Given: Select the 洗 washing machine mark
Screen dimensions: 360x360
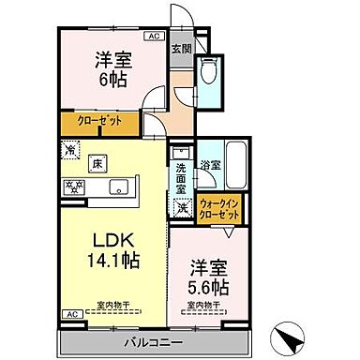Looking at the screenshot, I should point(182,208).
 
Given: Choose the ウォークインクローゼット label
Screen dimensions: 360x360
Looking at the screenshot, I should point(218,209).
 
